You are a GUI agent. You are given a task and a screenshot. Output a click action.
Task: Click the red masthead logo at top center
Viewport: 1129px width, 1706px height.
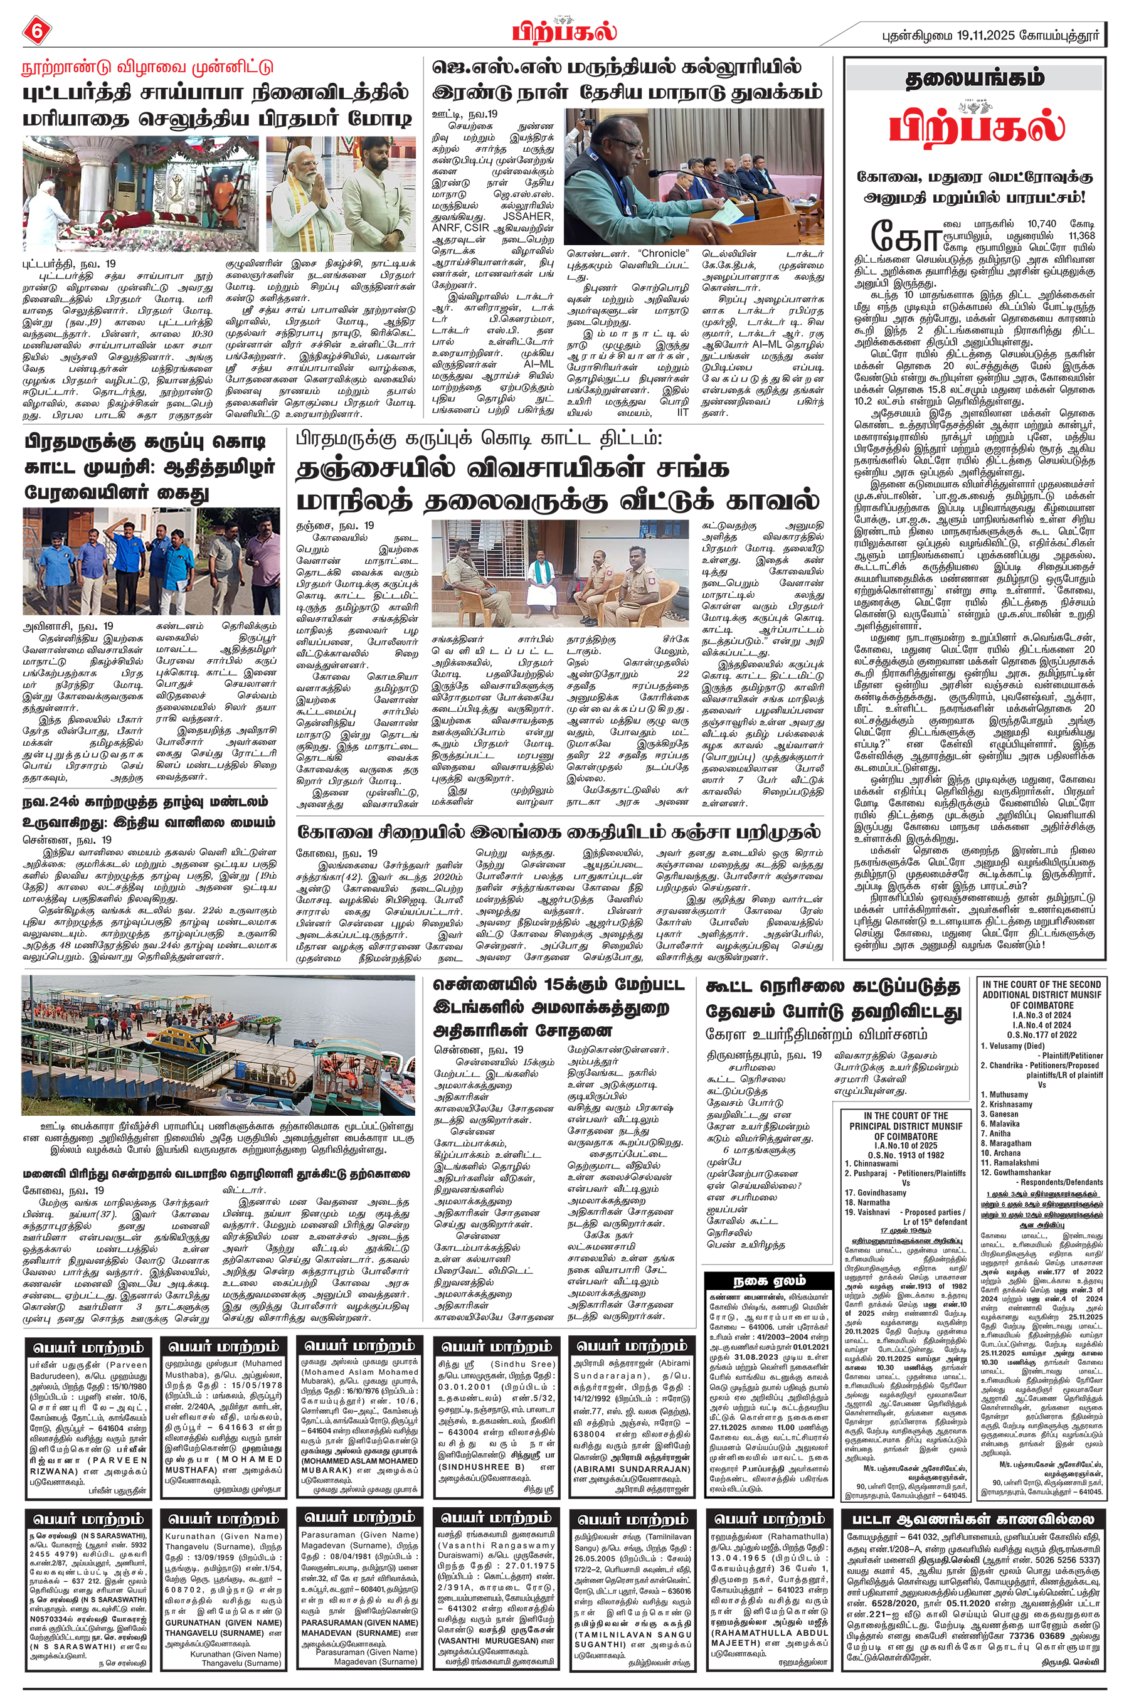[564, 31]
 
